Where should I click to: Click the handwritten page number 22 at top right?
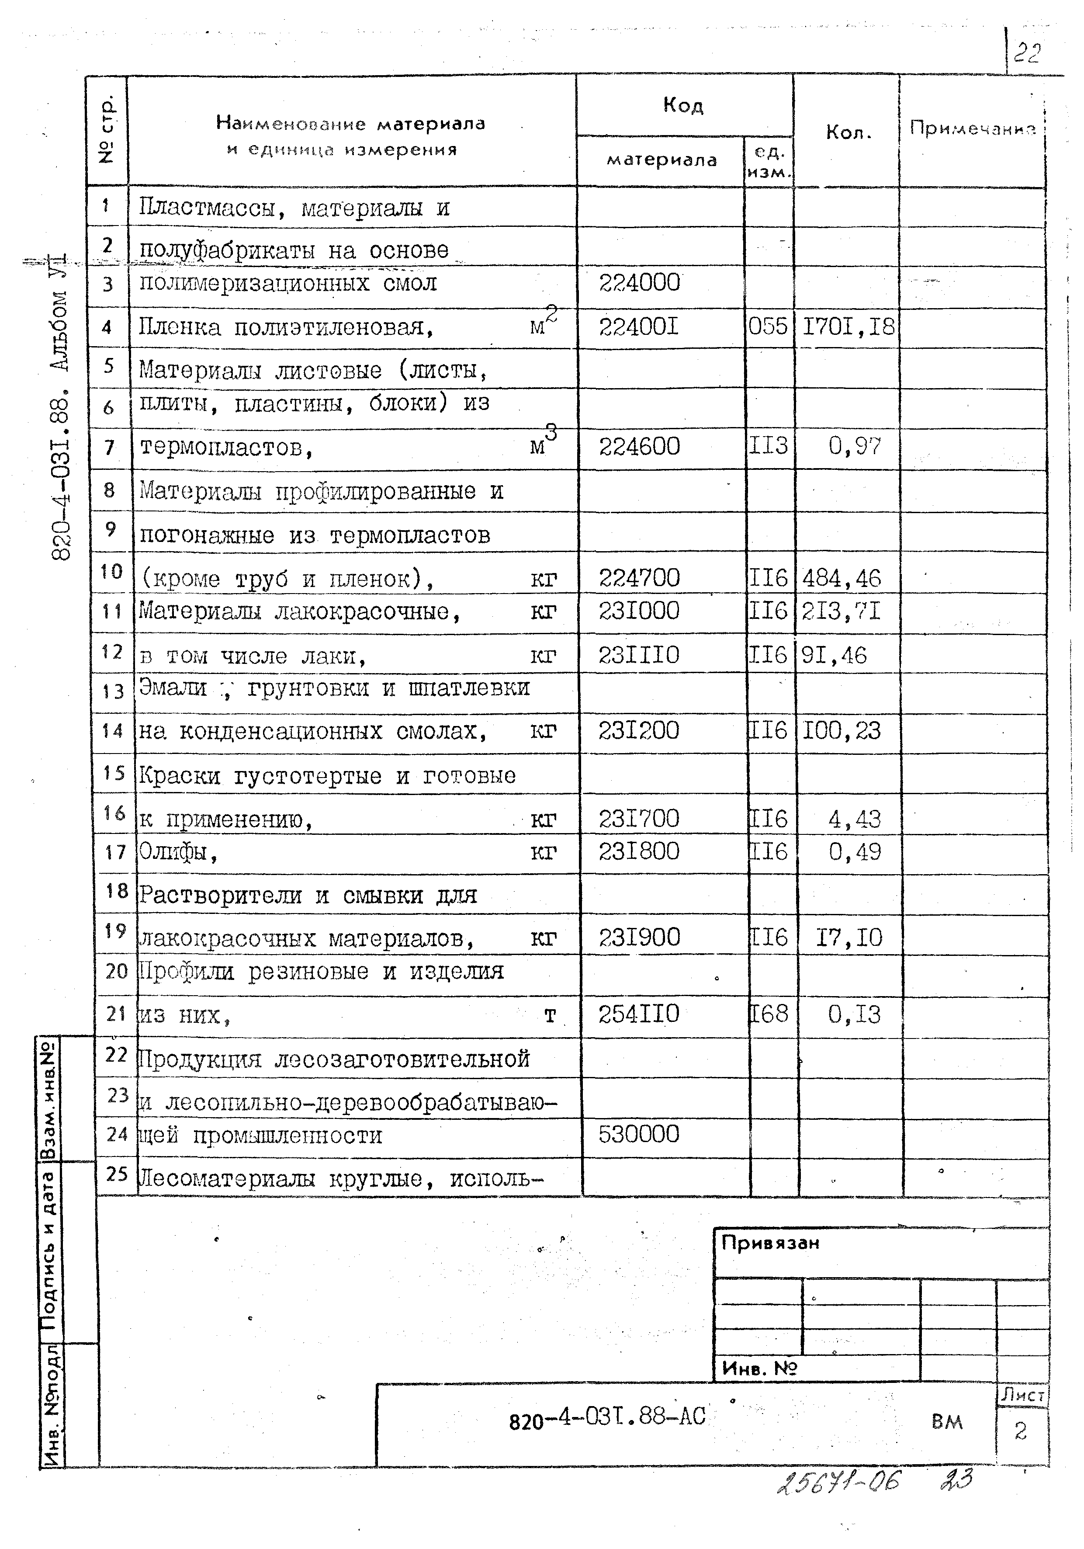click(x=1027, y=52)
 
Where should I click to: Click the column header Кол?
click(x=848, y=132)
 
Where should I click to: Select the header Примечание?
click(x=972, y=128)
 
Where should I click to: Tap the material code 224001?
click(x=638, y=327)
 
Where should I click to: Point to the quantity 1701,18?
click(x=848, y=327)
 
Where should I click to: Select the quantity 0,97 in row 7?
click(x=854, y=446)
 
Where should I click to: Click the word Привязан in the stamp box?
click(x=770, y=1243)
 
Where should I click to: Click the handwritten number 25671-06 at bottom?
click(x=838, y=1482)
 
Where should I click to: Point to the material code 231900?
click(x=639, y=937)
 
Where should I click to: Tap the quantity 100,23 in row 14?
click(x=841, y=731)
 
